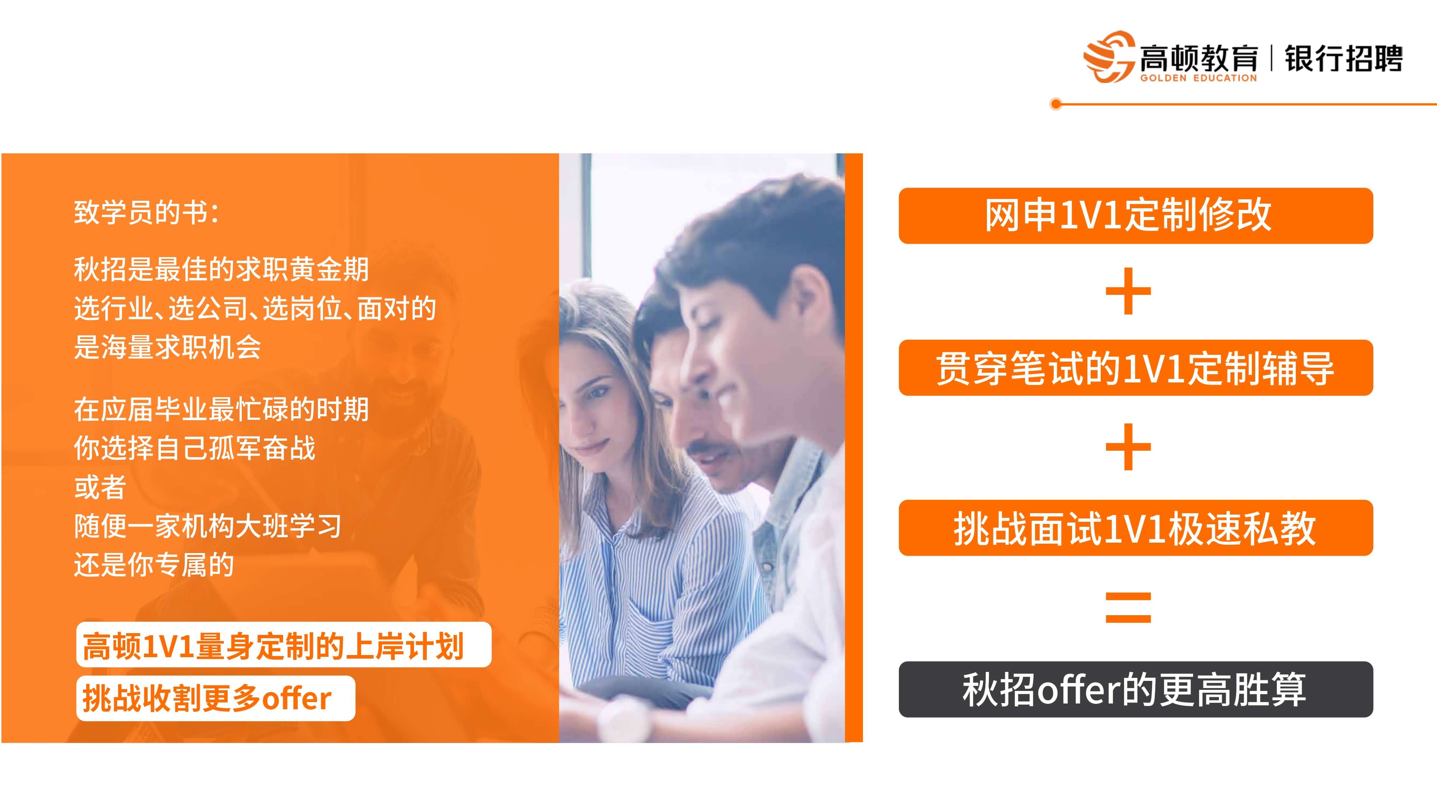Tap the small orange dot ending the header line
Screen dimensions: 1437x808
click(1055, 104)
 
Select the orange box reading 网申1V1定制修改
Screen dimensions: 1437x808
click(1136, 216)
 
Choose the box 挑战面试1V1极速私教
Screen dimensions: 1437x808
click(1136, 528)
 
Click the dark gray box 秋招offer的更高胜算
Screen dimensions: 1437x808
click(1136, 689)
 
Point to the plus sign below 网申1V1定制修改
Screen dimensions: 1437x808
click(1128, 291)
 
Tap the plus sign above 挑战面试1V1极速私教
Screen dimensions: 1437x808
click(1128, 447)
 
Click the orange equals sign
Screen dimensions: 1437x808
click(1128, 607)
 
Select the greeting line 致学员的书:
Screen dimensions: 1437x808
click(147, 213)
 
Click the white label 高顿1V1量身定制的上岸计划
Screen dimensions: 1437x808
click(284, 645)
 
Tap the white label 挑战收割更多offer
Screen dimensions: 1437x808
click(216, 698)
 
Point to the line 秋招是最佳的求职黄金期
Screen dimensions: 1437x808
click(221, 269)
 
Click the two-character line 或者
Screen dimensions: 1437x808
click(101, 487)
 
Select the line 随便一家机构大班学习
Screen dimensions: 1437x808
click(208, 526)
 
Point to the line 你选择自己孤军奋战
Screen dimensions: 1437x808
click(195, 448)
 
